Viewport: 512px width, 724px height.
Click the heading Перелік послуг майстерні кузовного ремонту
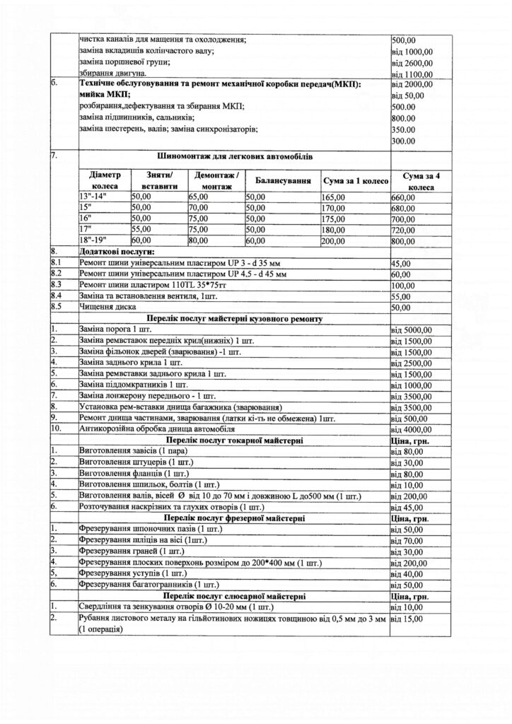pyautogui.click(x=234, y=320)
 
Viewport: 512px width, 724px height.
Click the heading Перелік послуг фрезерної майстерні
pyautogui.click(x=234, y=518)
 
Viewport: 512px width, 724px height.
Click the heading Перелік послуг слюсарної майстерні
pyautogui.click(x=234, y=596)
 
